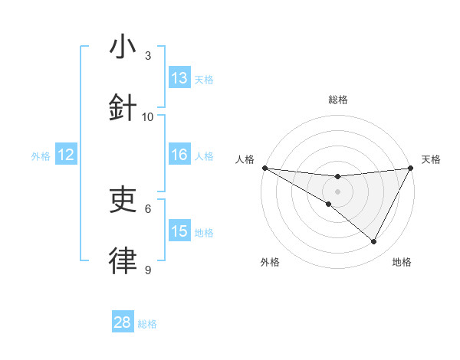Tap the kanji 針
122,108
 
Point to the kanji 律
122,261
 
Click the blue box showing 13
179,77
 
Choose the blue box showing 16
179,154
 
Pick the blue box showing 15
179,231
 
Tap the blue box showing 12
66,154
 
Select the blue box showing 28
123,322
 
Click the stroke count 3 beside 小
148,56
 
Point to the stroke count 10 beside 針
148,117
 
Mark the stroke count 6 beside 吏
148,208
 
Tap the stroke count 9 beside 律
148,270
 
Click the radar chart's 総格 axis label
337,100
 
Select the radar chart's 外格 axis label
270,262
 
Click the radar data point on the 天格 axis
410,167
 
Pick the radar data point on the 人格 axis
264,167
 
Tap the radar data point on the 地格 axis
374,242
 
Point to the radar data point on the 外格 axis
329,204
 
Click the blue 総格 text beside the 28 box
147,324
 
